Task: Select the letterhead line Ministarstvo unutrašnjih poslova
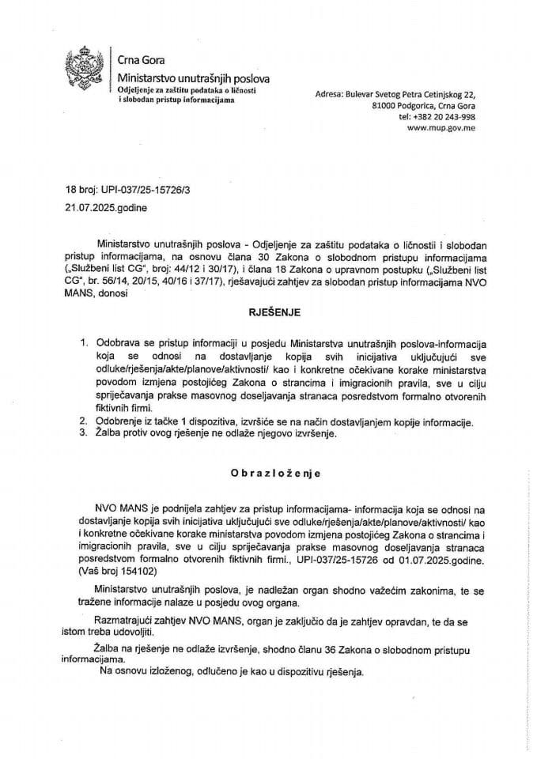[193, 81]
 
